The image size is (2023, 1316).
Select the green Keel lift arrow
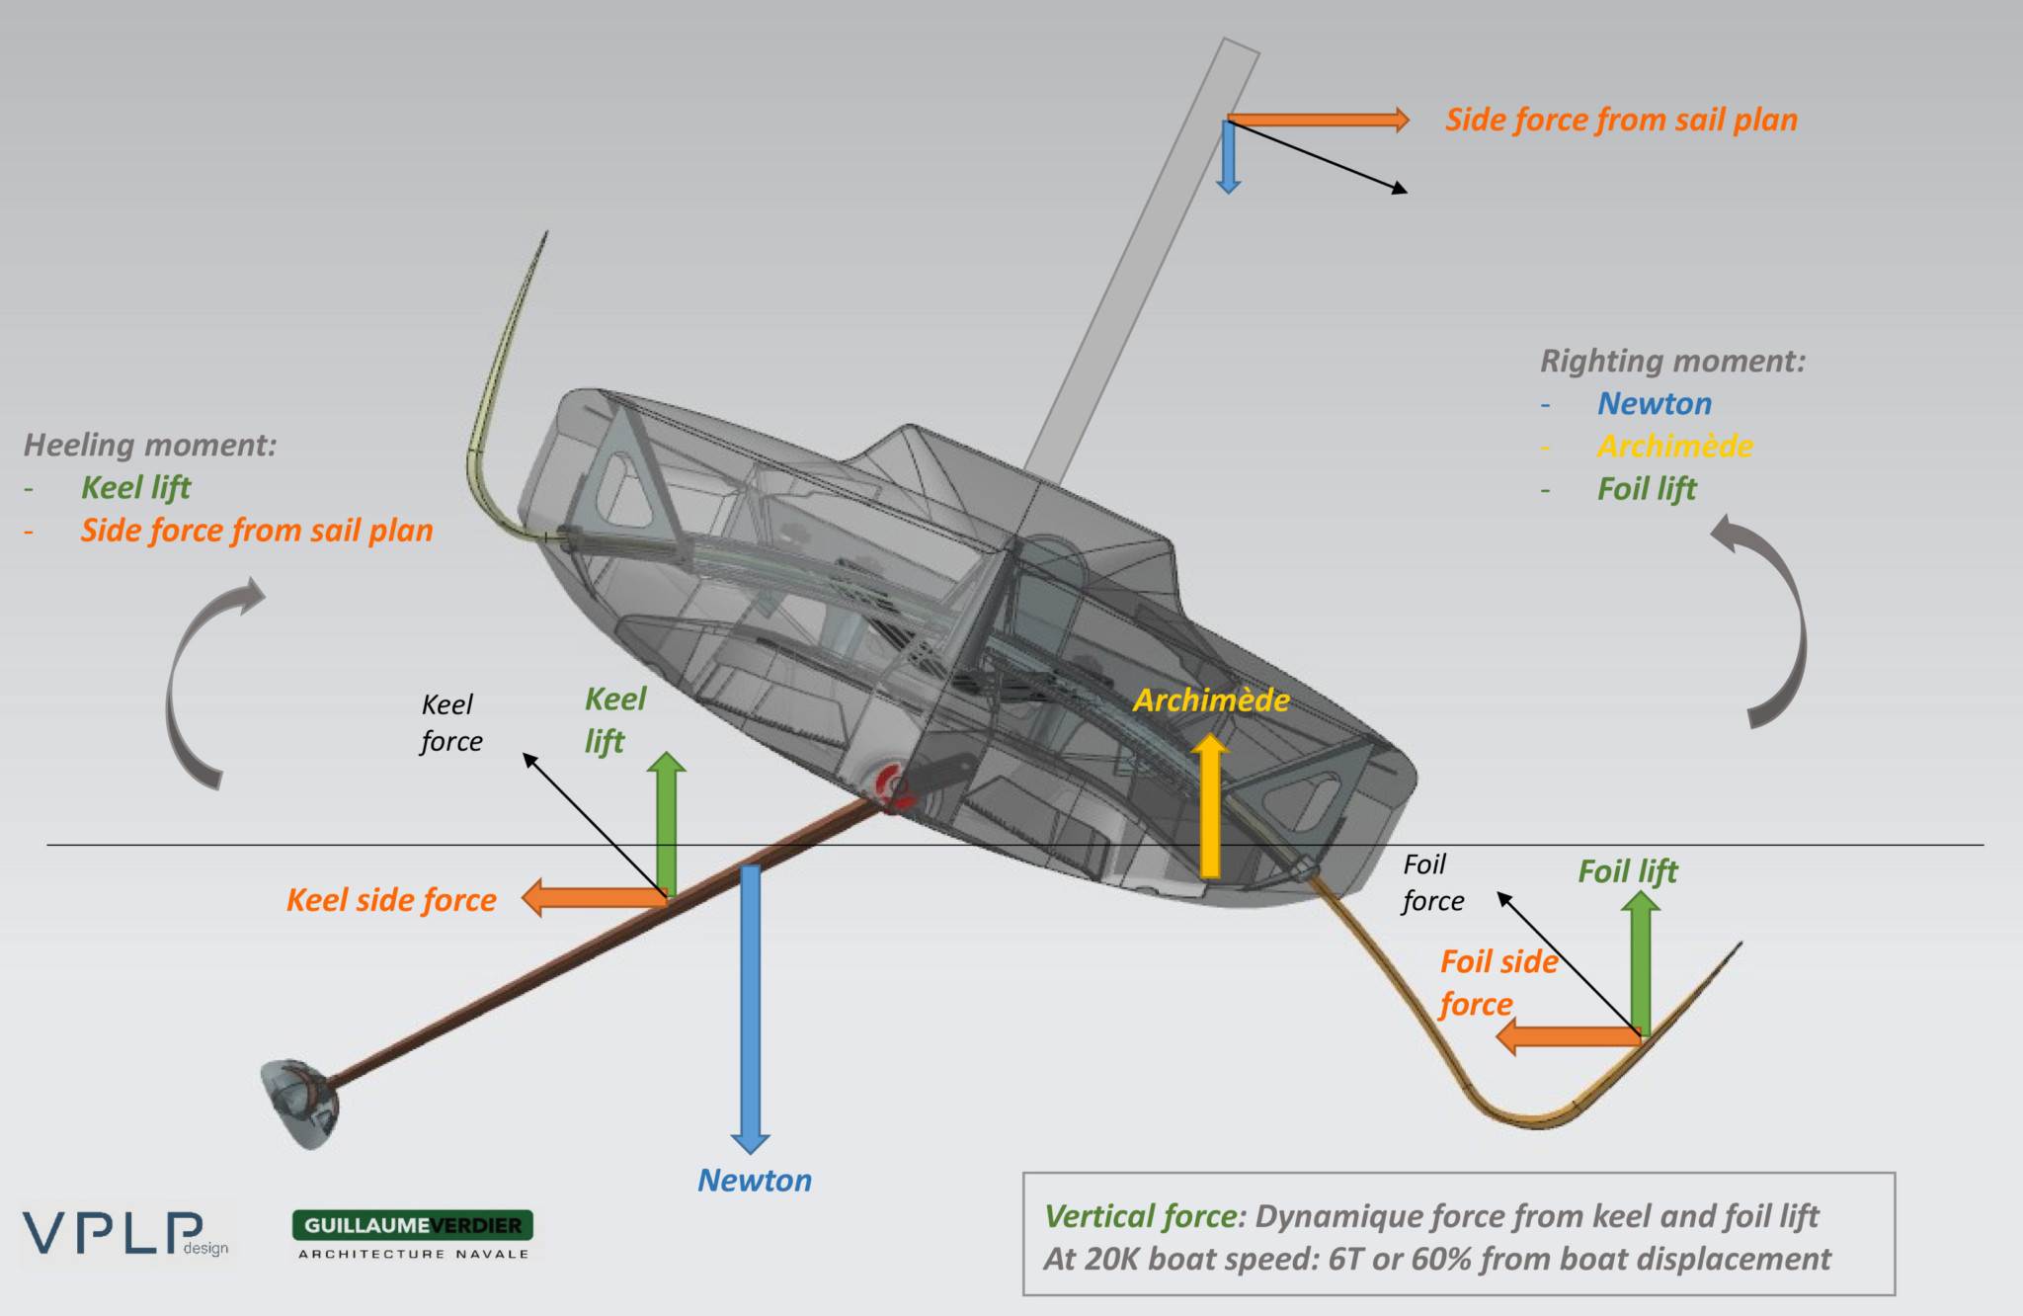(668, 825)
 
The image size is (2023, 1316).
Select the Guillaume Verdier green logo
(413, 1225)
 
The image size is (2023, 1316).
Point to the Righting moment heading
(1672, 361)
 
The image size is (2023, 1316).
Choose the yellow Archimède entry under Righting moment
(1675, 446)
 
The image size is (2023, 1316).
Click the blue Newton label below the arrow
(755, 1180)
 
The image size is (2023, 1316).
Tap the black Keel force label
(450, 722)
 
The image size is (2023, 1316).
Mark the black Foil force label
(1431, 882)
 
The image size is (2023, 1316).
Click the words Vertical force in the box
(1141, 1216)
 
